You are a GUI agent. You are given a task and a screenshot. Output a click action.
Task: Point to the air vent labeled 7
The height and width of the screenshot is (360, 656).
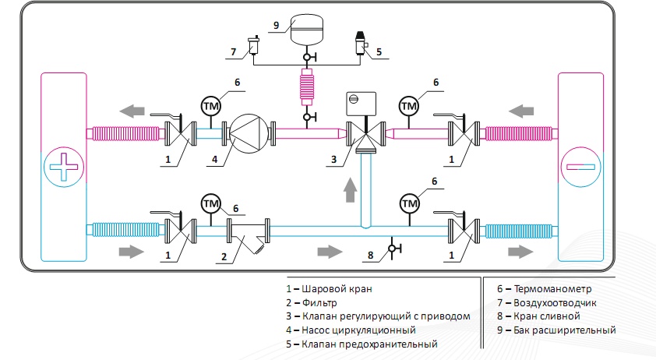253,48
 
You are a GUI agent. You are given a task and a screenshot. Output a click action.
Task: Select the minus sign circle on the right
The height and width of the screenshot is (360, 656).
580,167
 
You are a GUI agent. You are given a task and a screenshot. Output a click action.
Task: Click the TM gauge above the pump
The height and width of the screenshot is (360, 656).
210,105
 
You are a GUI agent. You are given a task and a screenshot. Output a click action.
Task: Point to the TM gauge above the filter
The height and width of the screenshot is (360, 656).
210,203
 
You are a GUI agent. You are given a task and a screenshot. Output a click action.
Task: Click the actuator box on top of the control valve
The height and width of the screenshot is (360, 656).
361,101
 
